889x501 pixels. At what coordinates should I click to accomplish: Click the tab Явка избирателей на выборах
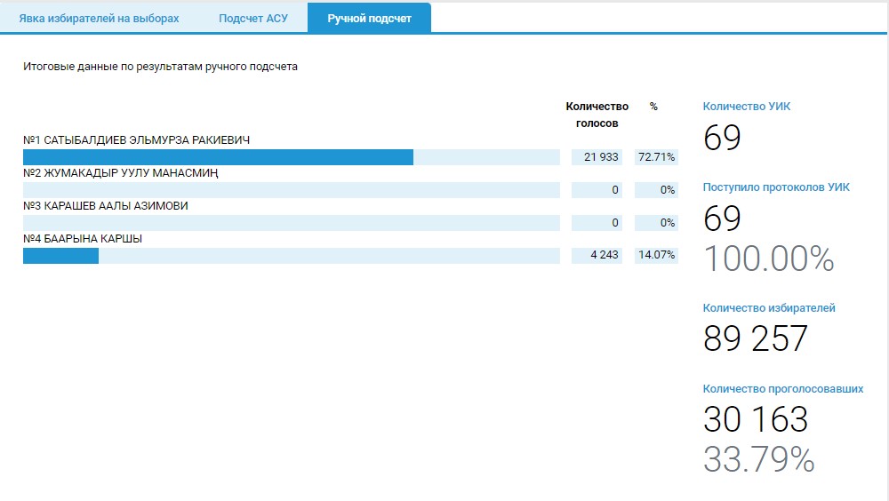coord(99,19)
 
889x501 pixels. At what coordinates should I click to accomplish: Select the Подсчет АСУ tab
coord(253,19)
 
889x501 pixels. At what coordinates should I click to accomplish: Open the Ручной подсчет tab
coord(369,19)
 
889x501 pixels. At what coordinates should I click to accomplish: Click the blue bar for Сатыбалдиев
coord(218,157)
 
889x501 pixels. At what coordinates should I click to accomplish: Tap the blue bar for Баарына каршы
coord(60,256)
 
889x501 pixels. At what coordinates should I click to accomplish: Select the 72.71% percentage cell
coord(656,157)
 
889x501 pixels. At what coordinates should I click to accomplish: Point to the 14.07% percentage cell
coord(656,256)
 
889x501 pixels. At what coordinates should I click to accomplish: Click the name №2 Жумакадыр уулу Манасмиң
coord(121,173)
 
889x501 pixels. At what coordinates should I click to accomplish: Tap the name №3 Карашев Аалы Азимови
coord(106,206)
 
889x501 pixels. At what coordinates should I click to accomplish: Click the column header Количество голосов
coord(597,115)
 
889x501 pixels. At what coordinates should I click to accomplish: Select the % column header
coord(653,107)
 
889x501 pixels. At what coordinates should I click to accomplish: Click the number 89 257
coord(755,339)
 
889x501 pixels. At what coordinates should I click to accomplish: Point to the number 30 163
coord(755,419)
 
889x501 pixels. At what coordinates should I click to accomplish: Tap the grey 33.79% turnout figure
coord(758,459)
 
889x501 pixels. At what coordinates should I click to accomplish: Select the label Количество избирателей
coord(769,308)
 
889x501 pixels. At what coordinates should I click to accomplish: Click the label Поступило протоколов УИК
coord(776,187)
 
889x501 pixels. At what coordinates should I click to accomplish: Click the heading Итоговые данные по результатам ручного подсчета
coord(160,67)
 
